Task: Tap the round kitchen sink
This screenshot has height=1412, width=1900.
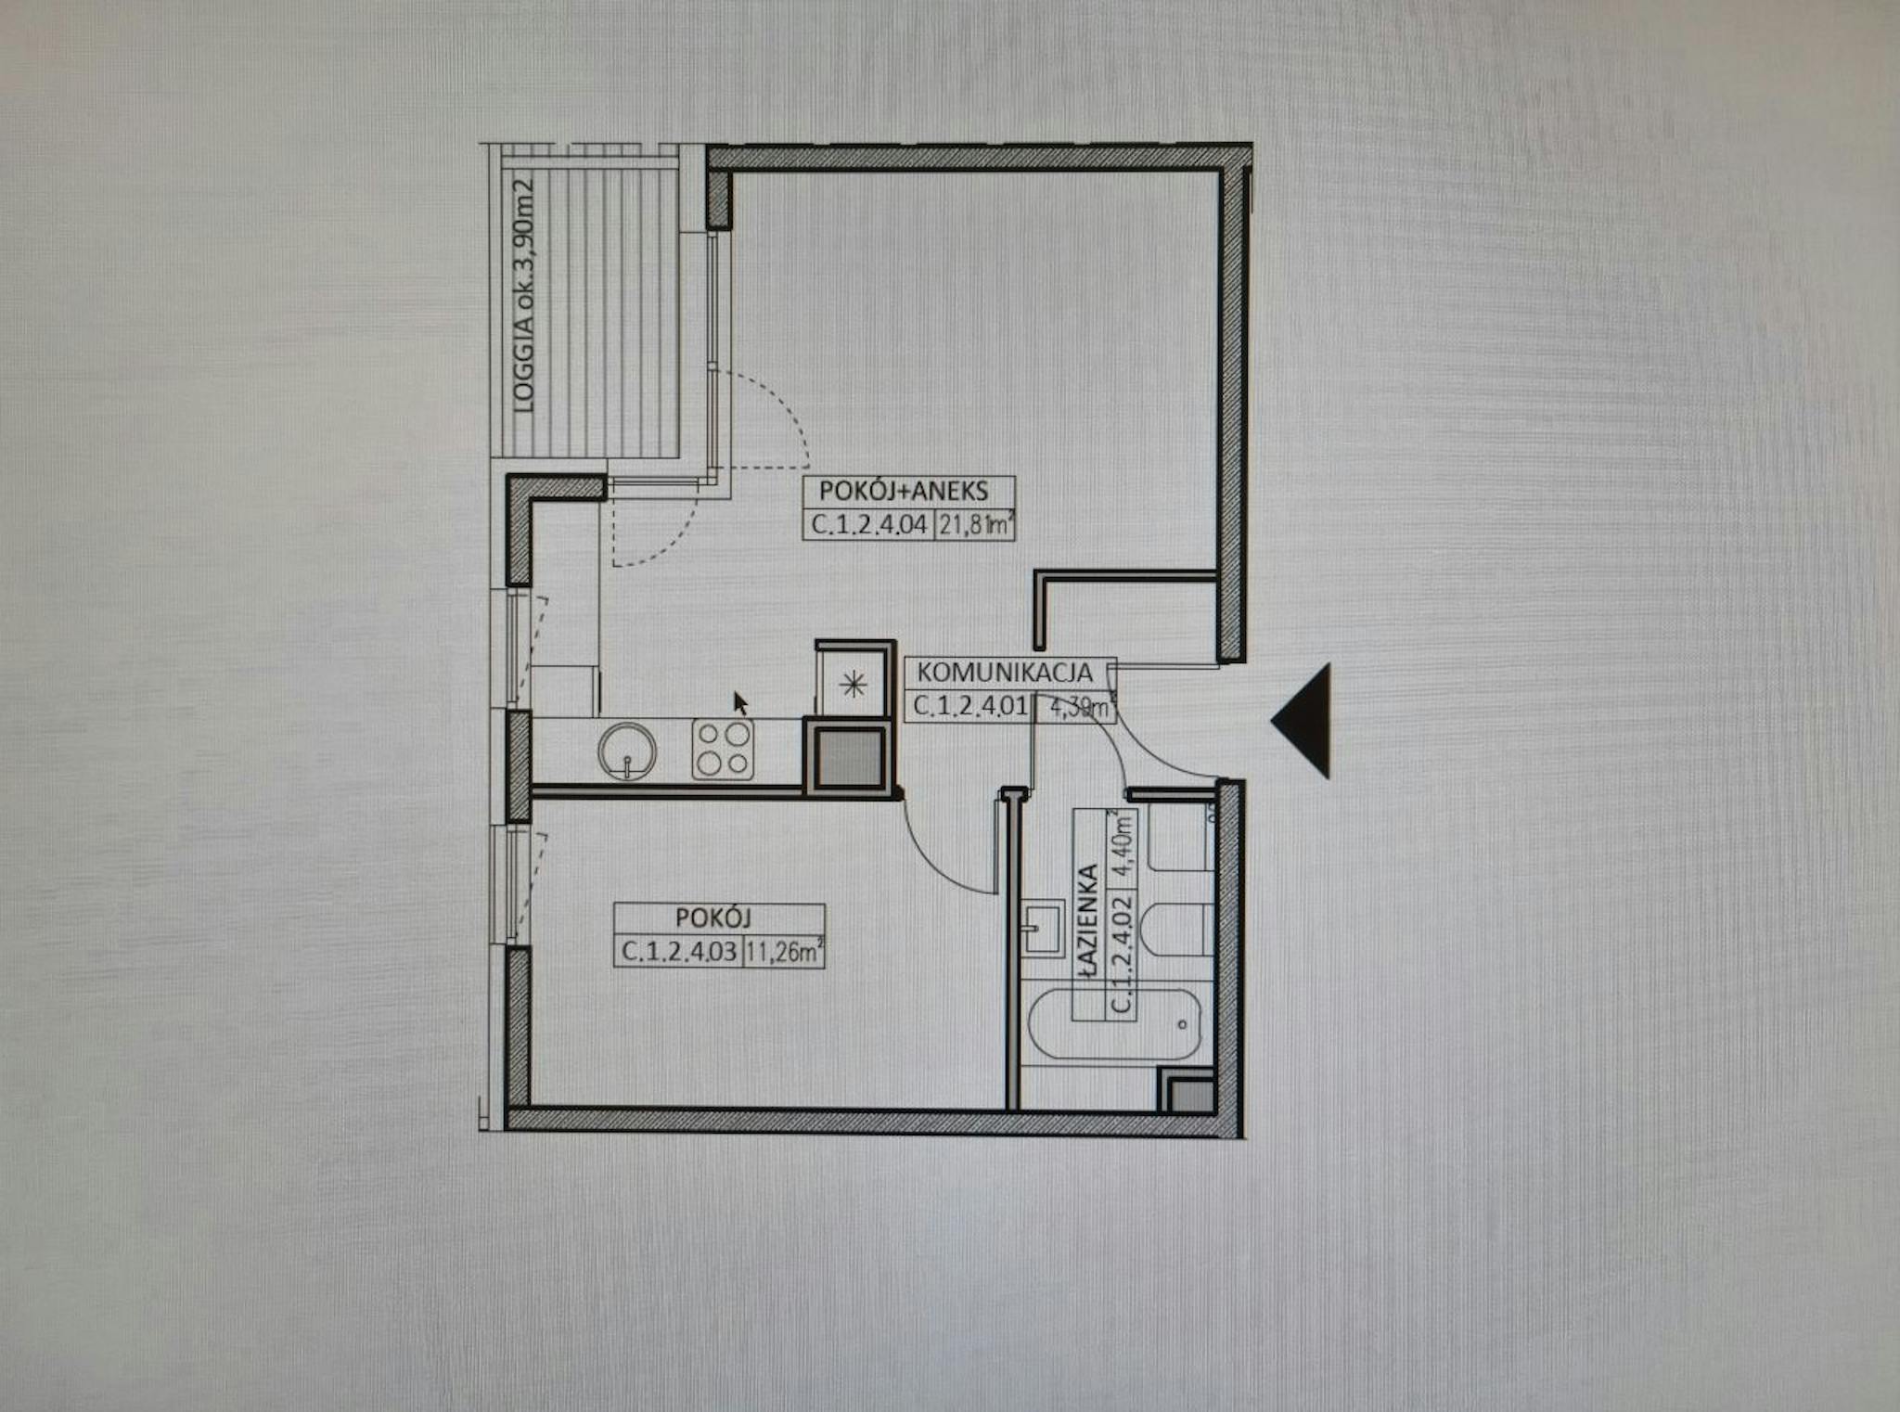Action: tap(627, 750)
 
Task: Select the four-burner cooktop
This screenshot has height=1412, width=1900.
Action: tap(723, 749)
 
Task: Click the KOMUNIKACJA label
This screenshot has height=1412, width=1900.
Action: tap(1005, 672)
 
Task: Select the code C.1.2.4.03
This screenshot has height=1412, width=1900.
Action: tap(679, 952)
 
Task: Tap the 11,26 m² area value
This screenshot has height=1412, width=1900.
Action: tap(785, 952)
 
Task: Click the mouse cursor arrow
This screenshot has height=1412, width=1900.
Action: tap(740, 703)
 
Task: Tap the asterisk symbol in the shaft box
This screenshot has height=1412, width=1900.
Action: tap(852, 686)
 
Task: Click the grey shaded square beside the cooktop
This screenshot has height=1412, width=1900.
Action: tap(849, 755)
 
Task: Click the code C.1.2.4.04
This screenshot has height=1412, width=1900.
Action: tap(869, 525)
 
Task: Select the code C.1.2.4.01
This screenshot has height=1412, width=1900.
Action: tap(970, 706)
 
